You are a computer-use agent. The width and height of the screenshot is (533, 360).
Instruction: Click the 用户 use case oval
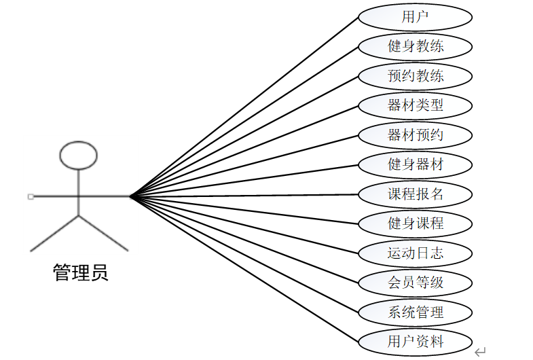pos(415,17)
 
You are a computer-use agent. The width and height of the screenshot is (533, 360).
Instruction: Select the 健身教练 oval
pos(415,46)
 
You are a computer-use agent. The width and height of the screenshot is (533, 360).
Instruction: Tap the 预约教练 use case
pos(415,75)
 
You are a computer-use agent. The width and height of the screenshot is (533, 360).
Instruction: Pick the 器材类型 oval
pos(415,105)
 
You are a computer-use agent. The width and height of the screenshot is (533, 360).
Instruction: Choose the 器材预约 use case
pos(415,134)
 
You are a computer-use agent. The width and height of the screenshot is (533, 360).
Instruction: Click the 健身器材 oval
pos(415,164)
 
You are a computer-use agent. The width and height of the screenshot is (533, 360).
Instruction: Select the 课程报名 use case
pos(415,194)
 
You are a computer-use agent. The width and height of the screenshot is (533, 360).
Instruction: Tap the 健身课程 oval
pos(415,223)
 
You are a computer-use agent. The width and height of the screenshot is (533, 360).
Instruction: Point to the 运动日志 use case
pos(415,253)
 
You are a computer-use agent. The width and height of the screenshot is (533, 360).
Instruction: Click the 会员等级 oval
pos(415,282)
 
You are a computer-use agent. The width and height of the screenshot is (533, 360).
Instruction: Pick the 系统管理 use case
pos(415,312)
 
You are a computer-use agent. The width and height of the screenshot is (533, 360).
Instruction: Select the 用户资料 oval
pos(415,341)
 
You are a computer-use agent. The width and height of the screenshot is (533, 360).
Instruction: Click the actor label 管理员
pos(80,273)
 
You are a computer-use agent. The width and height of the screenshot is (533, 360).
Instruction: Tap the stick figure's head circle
pos(79,156)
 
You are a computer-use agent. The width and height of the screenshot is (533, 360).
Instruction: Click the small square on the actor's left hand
pos(31,196)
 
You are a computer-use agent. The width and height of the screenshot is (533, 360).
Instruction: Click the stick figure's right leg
pos(103,233)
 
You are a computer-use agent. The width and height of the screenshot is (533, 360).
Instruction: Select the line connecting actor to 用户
pos(244,106)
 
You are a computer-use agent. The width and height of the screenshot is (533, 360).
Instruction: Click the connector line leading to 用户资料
pos(244,269)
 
